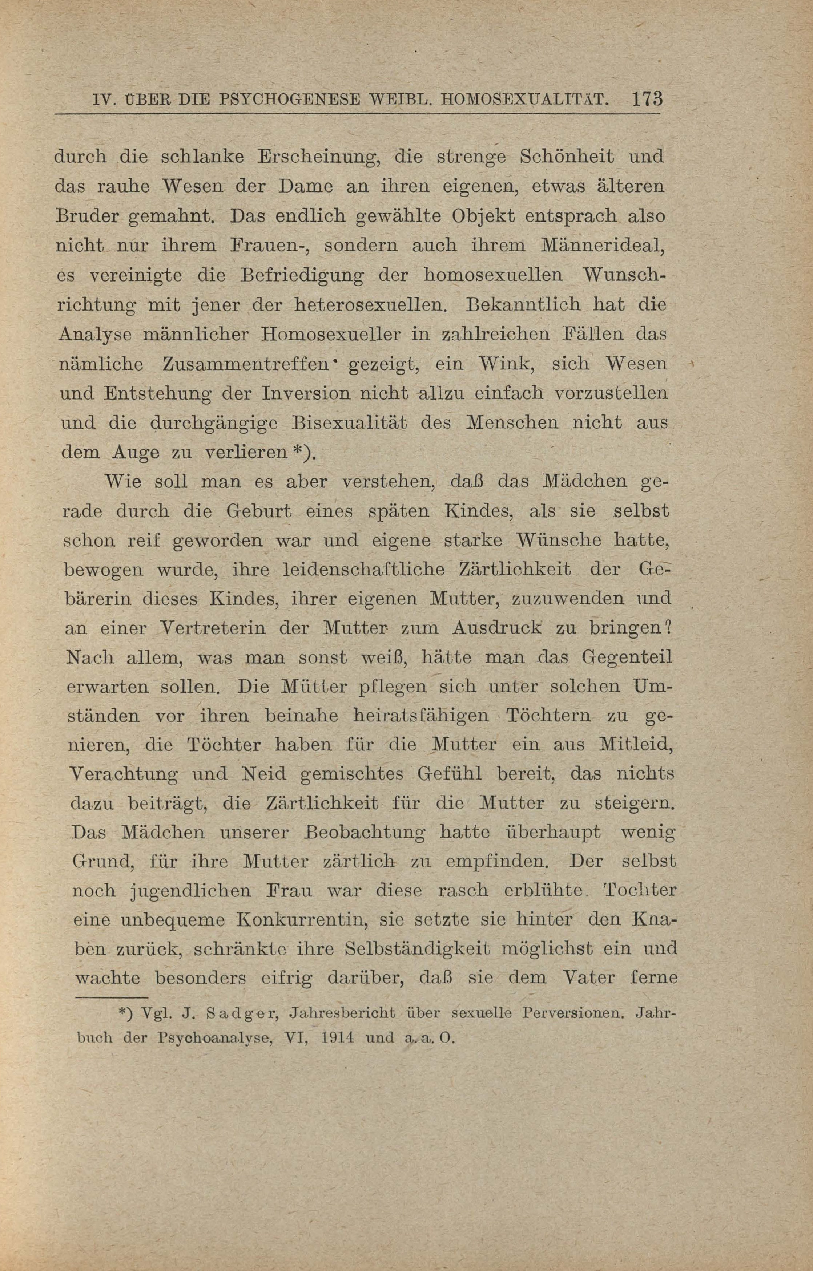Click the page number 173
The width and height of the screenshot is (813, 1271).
click(647, 99)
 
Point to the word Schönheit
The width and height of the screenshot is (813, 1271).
click(567, 157)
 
